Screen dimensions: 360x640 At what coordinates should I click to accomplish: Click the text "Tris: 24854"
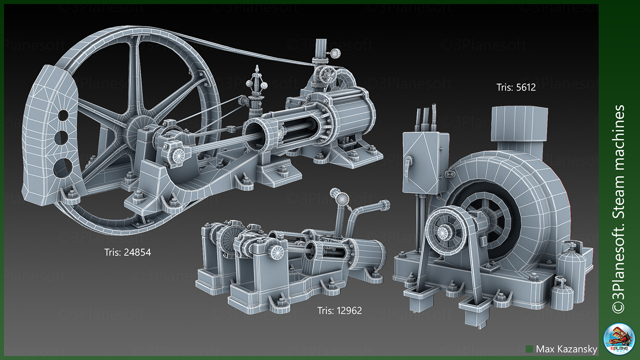(x=127, y=252)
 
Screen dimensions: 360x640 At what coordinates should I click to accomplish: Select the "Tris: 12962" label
(x=339, y=311)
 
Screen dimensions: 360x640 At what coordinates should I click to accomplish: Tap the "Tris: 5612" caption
(x=516, y=87)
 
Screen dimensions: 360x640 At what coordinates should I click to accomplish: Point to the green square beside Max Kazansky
(x=529, y=349)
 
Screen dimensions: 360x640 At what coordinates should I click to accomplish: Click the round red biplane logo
(x=619, y=340)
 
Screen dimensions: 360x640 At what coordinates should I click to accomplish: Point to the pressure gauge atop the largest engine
(x=336, y=54)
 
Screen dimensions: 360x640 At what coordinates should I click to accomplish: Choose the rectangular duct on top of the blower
(x=514, y=124)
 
